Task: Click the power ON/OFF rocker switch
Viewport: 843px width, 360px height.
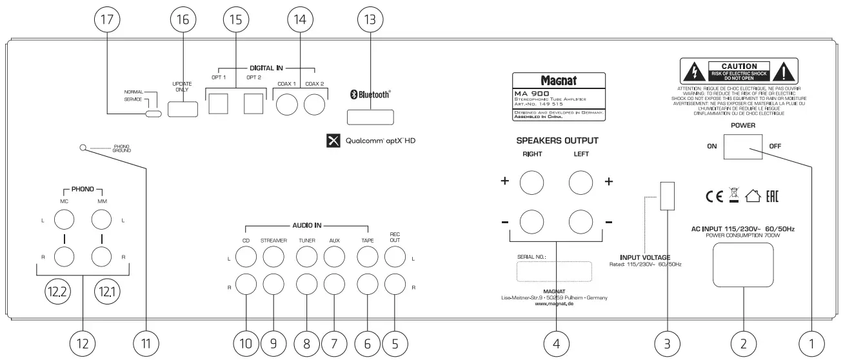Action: [743, 147]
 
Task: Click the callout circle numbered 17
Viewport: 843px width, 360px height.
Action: [106, 20]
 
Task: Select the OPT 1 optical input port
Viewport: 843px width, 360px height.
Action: [217, 103]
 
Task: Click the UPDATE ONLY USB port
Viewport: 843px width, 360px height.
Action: [183, 107]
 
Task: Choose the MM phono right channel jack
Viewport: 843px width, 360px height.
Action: [102, 257]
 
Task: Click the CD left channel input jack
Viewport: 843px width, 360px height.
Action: [244, 258]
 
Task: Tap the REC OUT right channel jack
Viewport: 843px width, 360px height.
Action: [395, 283]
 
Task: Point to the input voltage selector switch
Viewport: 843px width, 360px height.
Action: [668, 195]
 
